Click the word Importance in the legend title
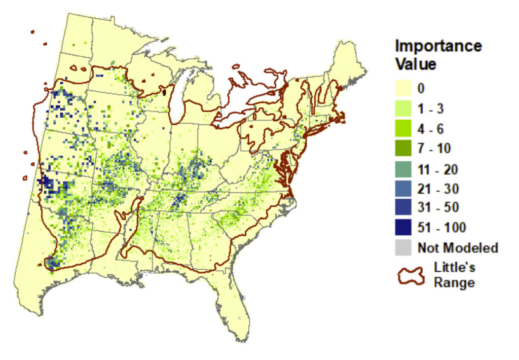pyautogui.click(x=438, y=46)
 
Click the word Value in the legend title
pyautogui.click(x=416, y=64)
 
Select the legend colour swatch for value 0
pyautogui.click(x=403, y=88)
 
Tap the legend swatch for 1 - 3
pyautogui.click(x=403, y=109)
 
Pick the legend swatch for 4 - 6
pyautogui.click(x=403, y=128)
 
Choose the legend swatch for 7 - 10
pyautogui.click(x=403, y=148)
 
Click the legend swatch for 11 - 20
pyautogui.click(x=403, y=168)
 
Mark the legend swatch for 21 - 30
pyautogui.click(x=403, y=188)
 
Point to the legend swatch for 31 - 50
pyautogui.click(x=403, y=208)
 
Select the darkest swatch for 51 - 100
pyautogui.click(x=403, y=228)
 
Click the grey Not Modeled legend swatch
pyautogui.click(x=403, y=248)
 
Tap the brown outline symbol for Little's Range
pyautogui.click(x=410, y=275)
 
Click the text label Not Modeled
pyautogui.click(x=458, y=248)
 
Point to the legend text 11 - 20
pyautogui.click(x=437, y=168)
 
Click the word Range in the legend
pyautogui.click(x=454, y=282)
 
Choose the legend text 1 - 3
pyautogui.click(x=432, y=109)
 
